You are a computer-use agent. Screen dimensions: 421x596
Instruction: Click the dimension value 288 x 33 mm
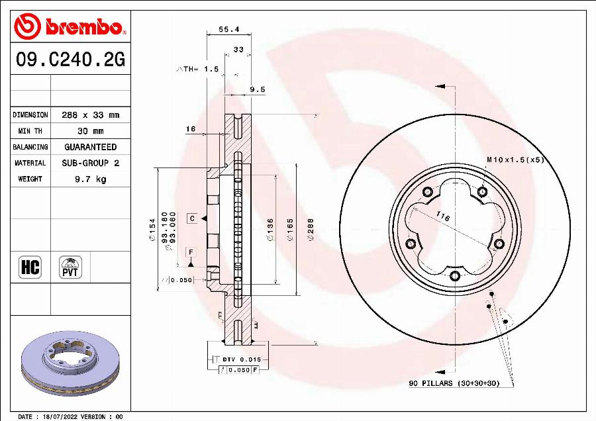(x=90, y=115)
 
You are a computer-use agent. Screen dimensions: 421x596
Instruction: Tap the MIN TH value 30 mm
(x=90, y=131)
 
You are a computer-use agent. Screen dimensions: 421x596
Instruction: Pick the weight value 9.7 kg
(x=90, y=179)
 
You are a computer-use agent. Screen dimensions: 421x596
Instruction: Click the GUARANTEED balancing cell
(x=90, y=147)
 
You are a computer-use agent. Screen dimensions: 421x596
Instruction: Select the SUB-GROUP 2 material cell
(x=90, y=163)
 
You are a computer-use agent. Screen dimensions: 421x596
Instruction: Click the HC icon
(x=30, y=267)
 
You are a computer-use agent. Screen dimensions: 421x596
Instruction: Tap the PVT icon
(x=70, y=267)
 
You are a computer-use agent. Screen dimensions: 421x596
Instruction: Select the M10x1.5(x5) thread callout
(x=515, y=160)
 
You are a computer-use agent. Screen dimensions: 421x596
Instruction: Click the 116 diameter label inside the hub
(x=443, y=217)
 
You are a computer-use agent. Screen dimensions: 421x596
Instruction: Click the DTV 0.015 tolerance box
(x=236, y=359)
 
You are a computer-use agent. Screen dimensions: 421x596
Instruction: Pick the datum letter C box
(x=191, y=218)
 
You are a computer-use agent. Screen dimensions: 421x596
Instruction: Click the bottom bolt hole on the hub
(x=455, y=276)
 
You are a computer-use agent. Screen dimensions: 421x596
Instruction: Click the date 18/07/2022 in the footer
(x=58, y=416)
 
